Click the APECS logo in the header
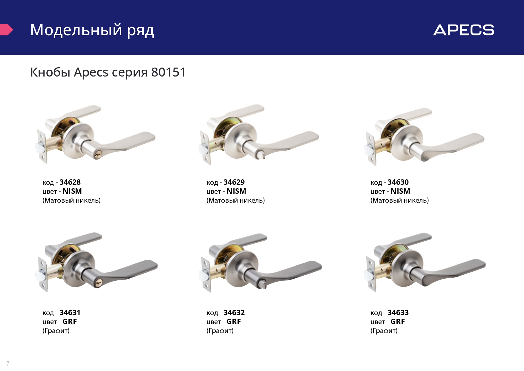(464, 30)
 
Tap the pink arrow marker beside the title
(6, 30)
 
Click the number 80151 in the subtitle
(168, 72)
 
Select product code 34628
(70, 182)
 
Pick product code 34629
(234, 182)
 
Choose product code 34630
(398, 182)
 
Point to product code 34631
(70, 313)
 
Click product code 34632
(234, 313)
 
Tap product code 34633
(398, 313)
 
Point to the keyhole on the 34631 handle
(98, 283)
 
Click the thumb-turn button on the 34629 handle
(259, 155)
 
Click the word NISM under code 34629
(236, 191)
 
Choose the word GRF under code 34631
(70, 322)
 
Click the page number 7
(8, 364)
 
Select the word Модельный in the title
(76, 30)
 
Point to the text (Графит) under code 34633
(384, 331)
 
